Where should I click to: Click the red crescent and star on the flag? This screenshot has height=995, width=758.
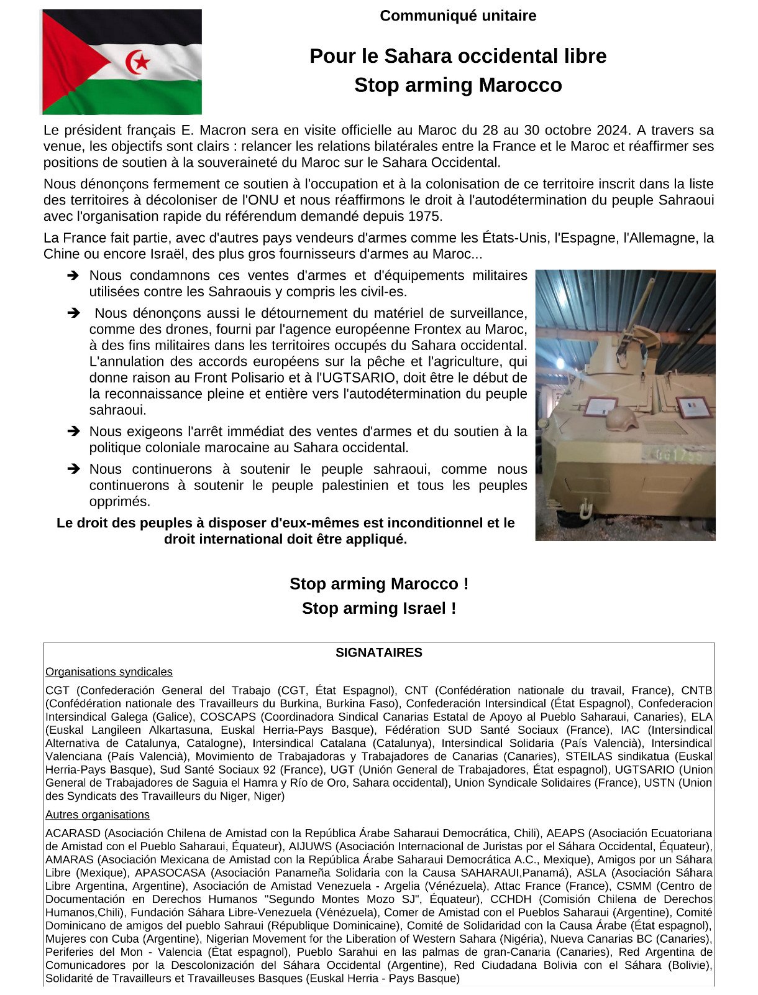[x=138, y=62]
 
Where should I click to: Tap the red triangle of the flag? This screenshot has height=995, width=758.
[x=68, y=62]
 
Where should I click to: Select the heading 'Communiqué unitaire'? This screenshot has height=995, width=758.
[x=458, y=16]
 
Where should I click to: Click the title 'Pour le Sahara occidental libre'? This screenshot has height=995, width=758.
[x=458, y=56]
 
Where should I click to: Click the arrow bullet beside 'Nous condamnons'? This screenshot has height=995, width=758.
[x=73, y=275]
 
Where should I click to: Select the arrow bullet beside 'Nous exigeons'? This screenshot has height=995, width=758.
[x=73, y=432]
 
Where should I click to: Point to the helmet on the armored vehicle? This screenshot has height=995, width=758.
[x=621, y=419]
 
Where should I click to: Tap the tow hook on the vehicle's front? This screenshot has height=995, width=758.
[x=584, y=511]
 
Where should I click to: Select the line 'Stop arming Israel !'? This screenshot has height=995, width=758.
[x=379, y=608]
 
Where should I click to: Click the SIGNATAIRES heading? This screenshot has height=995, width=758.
[x=379, y=652]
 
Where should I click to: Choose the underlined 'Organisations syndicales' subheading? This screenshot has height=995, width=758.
[x=109, y=672]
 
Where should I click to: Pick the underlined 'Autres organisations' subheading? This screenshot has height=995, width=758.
[x=98, y=815]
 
